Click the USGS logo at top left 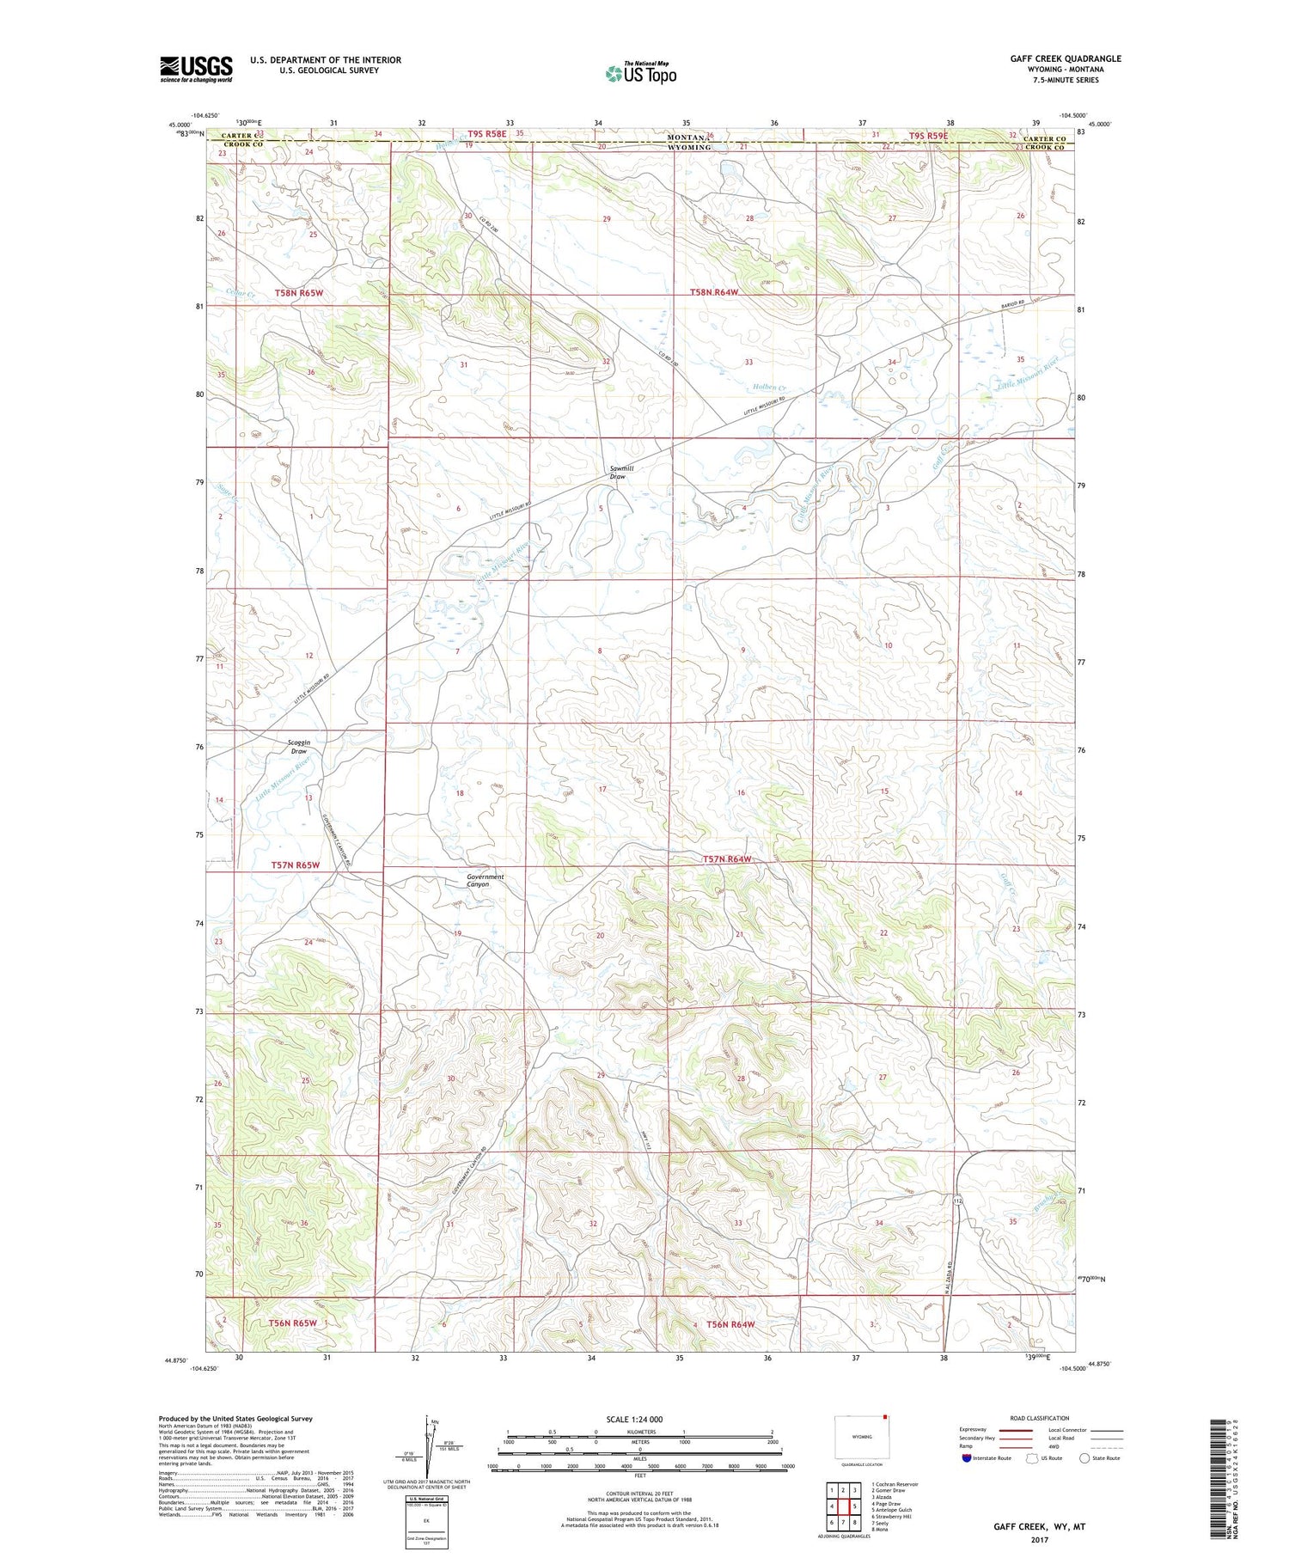click(196, 69)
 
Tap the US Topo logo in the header click(641, 74)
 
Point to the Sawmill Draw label click(618, 472)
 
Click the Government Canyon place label click(485, 880)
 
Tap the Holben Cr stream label click(771, 388)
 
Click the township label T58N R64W click(714, 293)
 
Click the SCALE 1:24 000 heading click(634, 1419)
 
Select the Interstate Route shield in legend click(967, 1457)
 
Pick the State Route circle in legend click(1084, 1457)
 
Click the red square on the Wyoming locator click(885, 1419)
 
